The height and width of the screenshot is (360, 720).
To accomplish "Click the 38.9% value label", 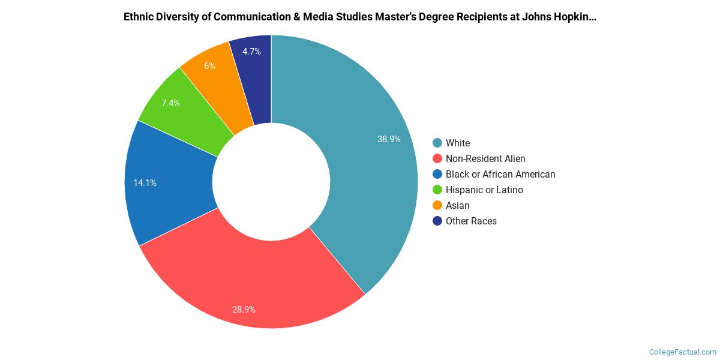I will click(x=389, y=139).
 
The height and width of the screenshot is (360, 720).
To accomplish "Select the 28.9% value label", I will click(x=244, y=310).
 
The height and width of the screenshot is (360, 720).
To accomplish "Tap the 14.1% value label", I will click(x=145, y=183).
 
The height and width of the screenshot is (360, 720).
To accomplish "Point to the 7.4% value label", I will click(x=170, y=103).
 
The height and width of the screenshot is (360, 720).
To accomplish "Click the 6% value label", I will click(x=209, y=66).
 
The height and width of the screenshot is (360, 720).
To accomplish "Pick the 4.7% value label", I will click(x=251, y=52).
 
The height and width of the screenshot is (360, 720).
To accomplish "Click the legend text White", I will click(x=458, y=143).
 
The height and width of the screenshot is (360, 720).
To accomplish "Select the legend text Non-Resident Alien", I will click(x=485, y=158).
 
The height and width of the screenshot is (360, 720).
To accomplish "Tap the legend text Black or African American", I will click(x=500, y=174).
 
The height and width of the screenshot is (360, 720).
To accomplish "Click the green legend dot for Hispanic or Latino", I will click(x=437, y=190).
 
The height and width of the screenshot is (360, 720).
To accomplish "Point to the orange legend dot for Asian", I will click(x=437, y=205).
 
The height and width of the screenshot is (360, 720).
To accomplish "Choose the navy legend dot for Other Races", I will click(x=437, y=221).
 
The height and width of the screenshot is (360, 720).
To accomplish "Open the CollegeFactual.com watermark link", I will click(x=683, y=352).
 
